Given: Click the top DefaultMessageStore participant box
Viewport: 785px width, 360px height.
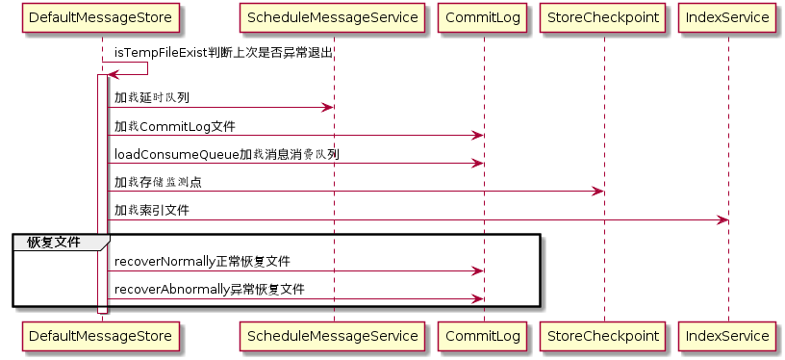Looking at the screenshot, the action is tap(101, 18).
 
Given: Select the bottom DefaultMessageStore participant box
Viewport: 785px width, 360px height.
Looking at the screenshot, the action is tap(101, 336).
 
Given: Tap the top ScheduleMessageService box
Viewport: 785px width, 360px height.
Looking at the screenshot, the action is tap(333, 18).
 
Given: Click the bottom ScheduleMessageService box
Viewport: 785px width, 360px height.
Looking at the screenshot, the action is tap(333, 336).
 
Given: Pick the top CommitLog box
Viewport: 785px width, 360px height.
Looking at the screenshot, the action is tap(483, 18).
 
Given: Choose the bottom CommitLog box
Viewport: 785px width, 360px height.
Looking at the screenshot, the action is tap(483, 336).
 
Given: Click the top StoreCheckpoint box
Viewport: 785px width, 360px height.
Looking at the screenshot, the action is tap(603, 18).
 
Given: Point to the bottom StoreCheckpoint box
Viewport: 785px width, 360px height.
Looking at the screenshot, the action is tap(603, 336).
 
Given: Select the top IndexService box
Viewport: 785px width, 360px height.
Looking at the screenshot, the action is tap(728, 18).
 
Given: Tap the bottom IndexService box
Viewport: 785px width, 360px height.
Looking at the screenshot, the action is tap(728, 336).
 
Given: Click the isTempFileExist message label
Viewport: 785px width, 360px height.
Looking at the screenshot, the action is tap(224, 53).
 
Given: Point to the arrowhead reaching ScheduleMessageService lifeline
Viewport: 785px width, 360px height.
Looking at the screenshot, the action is tap(327, 107).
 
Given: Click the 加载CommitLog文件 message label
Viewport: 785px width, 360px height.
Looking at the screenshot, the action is tap(175, 127).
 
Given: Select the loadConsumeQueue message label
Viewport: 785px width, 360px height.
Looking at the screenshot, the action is tap(227, 155).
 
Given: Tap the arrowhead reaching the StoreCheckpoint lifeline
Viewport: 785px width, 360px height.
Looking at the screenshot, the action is tap(597, 192).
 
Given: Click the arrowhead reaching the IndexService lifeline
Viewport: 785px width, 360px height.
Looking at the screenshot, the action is tap(722, 219).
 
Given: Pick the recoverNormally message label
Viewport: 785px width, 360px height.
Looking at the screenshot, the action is tap(202, 262).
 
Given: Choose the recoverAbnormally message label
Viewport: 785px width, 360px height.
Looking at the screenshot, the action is tap(210, 290).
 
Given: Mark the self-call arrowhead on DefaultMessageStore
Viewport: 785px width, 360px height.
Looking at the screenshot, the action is tap(114, 75).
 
